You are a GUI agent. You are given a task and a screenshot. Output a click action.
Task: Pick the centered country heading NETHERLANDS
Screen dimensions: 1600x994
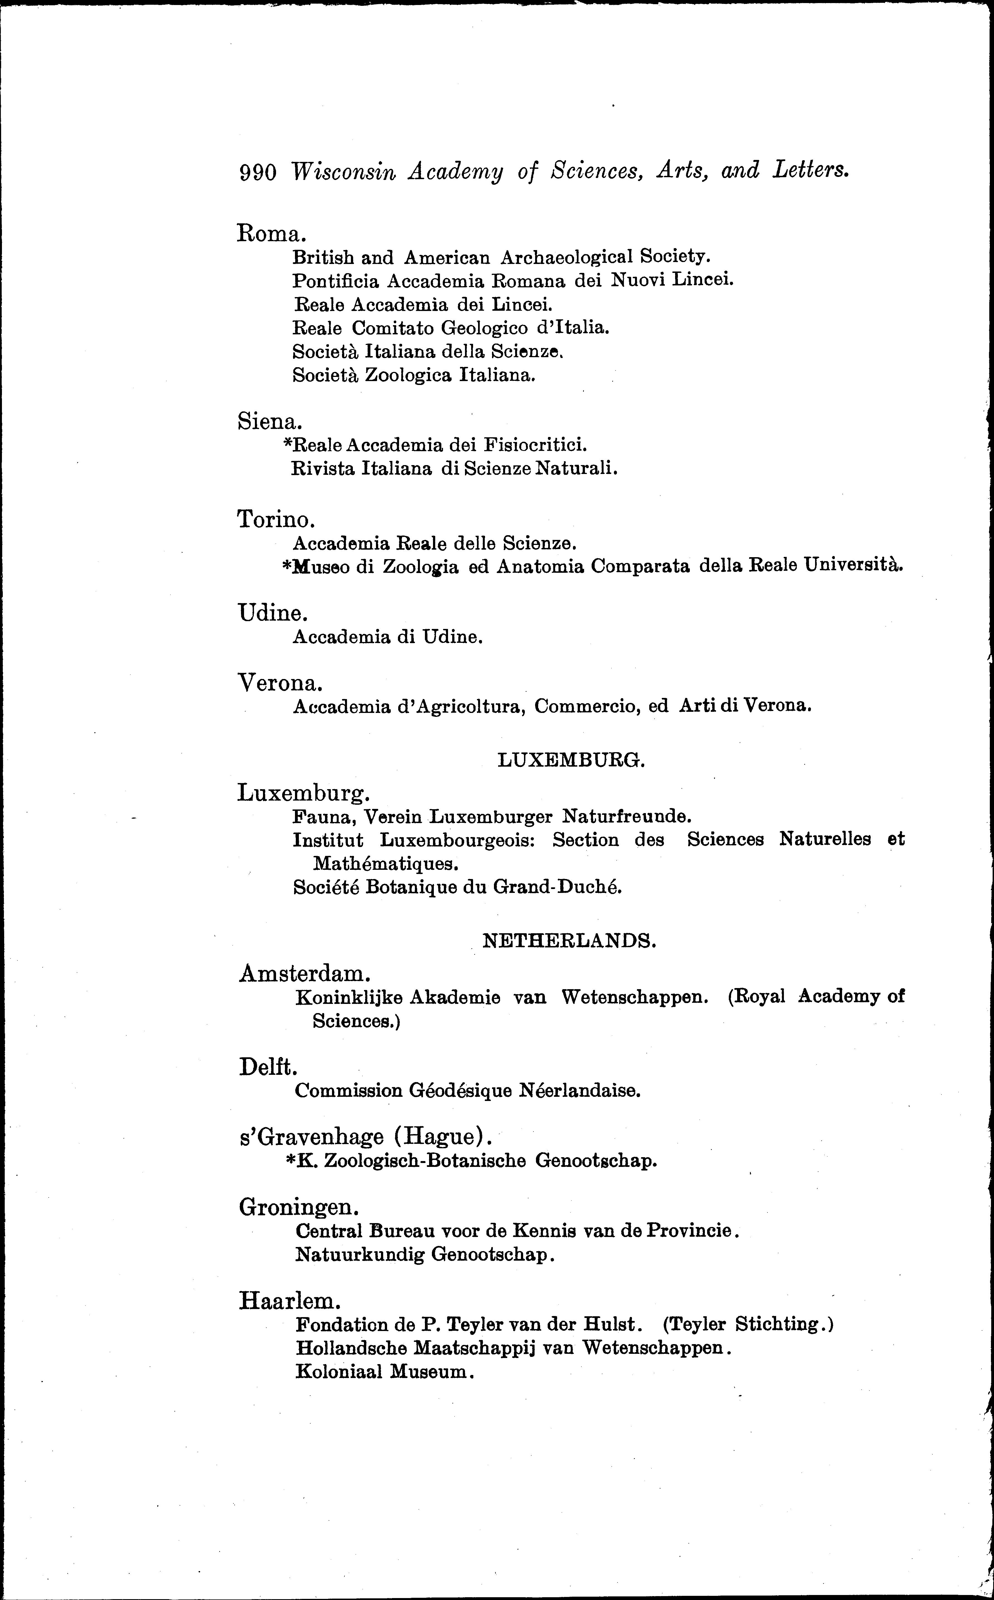(x=569, y=941)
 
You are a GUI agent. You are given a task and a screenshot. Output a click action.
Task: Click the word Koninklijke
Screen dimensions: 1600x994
(x=349, y=997)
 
